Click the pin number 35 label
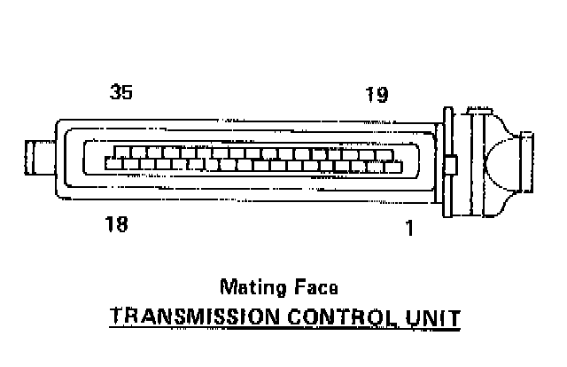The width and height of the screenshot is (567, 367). point(121,91)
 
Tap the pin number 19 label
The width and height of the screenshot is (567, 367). point(377,94)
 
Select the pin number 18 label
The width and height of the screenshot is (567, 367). point(117,223)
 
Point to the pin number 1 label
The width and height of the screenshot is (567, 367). point(409,228)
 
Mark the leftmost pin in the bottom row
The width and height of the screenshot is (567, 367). point(112,163)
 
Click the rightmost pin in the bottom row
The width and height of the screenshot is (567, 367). point(395,165)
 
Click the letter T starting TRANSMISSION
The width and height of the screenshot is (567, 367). point(113,316)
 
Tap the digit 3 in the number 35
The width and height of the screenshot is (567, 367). point(115,91)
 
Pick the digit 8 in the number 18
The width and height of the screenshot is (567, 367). point(122,223)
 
